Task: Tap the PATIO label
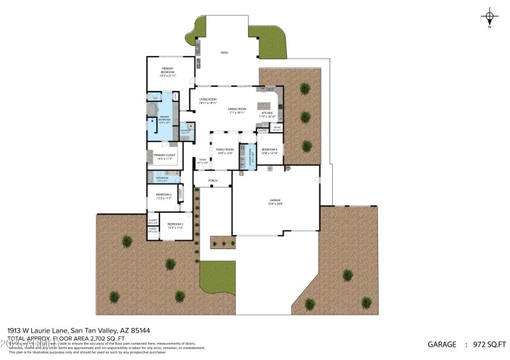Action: (x=224, y=53)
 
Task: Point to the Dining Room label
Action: (x=237, y=110)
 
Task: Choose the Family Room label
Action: (x=225, y=150)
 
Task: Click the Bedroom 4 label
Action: (x=269, y=150)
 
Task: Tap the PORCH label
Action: (x=213, y=181)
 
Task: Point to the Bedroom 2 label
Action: (x=164, y=196)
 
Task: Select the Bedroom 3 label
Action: (x=175, y=226)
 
